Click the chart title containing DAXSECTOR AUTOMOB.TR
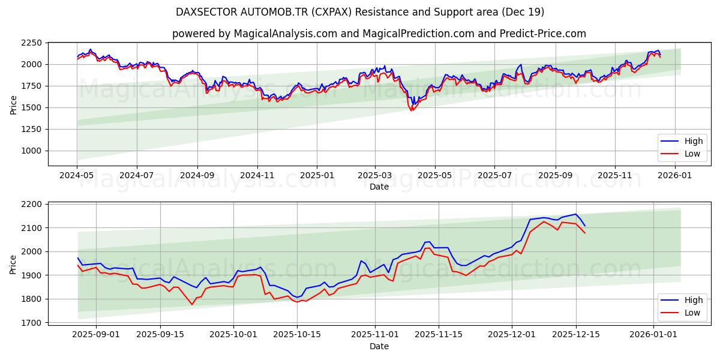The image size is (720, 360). click(x=360, y=12)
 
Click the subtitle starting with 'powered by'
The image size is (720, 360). click(x=379, y=34)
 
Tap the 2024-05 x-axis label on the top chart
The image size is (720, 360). click(x=77, y=175)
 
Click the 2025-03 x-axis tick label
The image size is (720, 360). click(x=376, y=175)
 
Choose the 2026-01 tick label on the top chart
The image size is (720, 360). click(x=676, y=175)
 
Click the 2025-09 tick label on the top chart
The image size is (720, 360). click(x=555, y=175)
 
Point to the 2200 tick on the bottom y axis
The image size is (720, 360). click(x=34, y=204)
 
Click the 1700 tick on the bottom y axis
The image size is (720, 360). click(x=34, y=322)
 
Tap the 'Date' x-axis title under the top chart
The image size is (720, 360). click(x=379, y=187)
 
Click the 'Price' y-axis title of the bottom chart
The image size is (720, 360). click(x=13, y=263)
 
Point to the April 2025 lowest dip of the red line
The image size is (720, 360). click(x=412, y=110)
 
